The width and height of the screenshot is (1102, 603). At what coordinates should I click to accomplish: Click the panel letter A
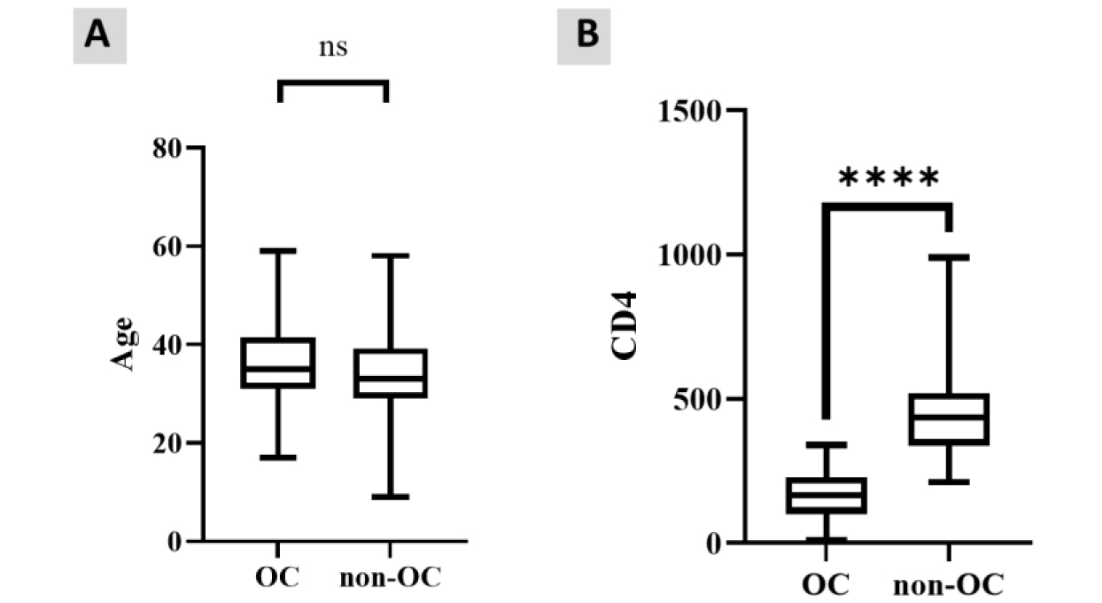point(97,35)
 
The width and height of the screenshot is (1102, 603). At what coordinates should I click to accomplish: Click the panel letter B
point(587,35)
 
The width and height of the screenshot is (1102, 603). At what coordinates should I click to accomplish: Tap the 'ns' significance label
point(333,48)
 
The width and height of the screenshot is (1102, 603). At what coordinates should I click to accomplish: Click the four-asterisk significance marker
point(889,177)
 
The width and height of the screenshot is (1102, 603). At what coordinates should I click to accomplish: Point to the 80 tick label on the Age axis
point(167,148)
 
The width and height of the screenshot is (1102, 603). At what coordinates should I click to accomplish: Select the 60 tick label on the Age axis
point(167,247)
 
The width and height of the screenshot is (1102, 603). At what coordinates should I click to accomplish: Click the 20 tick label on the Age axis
point(167,444)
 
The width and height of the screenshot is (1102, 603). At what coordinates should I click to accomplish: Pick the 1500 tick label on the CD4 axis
point(689,112)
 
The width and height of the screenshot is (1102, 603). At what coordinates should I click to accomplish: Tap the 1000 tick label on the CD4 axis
point(689,255)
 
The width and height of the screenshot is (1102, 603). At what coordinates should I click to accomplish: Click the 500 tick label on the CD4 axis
point(697,400)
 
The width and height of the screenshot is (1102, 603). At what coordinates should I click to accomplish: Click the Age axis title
point(122,344)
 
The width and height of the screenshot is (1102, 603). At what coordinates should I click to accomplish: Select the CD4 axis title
point(624,326)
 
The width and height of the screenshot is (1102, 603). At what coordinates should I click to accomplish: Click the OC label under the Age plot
point(277,577)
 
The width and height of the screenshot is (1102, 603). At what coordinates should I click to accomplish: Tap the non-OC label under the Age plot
point(390,577)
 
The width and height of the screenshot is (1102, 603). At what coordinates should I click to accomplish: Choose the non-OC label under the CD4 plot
point(949,585)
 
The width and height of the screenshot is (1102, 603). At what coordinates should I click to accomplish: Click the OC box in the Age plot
point(278,339)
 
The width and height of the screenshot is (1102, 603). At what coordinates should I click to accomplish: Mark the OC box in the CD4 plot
point(826,478)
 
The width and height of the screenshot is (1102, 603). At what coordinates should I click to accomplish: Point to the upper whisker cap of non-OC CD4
point(949,257)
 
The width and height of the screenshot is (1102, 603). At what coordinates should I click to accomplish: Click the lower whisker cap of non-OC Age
point(390,497)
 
